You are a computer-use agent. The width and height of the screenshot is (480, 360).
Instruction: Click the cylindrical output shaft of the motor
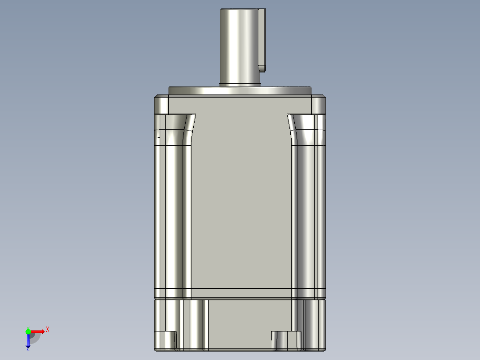(240, 45)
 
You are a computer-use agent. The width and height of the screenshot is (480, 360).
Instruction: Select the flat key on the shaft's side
(263, 38)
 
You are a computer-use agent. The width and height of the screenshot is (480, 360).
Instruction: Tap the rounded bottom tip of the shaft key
(263, 68)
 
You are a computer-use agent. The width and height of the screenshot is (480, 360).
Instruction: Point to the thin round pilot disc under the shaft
(240, 91)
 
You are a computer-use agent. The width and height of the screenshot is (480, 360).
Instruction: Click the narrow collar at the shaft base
(240, 83)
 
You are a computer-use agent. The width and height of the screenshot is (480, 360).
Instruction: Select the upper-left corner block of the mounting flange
(161, 105)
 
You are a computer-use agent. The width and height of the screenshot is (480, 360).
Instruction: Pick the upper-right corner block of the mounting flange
(318, 105)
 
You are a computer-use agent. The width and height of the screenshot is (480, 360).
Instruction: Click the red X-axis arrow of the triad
(37, 331)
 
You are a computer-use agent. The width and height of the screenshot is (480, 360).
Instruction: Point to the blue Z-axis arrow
(28, 341)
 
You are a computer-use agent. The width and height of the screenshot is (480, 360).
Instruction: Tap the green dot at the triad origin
(28, 331)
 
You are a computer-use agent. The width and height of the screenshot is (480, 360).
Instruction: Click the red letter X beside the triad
(48, 330)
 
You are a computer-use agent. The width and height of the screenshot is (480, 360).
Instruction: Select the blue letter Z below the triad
(28, 350)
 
